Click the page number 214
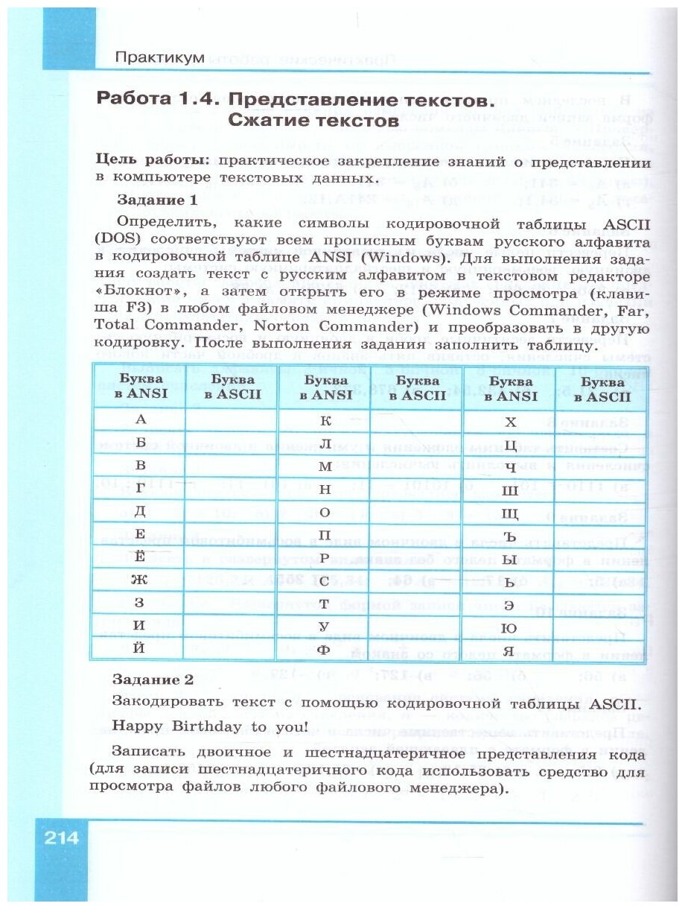point(61,837)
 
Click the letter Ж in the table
point(139,579)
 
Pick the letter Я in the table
point(509,649)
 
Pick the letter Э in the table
point(509,603)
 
